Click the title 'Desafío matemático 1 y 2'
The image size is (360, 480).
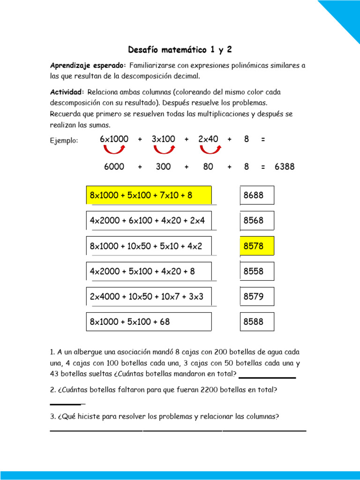pyautogui.click(x=180, y=49)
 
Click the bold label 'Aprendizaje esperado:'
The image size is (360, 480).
pyautogui.click(x=88, y=65)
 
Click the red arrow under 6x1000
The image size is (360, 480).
pyautogui.click(x=114, y=149)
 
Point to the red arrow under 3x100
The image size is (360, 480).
pyautogui.click(x=164, y=149)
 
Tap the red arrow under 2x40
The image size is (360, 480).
pyautogui.click(x=210, y=149)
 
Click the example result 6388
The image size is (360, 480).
pyautogui.click(x=285, y=166)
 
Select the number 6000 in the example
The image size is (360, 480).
pyautogui.click(x=114, y=166)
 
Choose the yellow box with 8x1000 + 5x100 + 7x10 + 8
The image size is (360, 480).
pyautogui.click(x=149, y=195)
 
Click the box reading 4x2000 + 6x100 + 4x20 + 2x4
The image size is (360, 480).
pyautogui.click(x=149, y=220)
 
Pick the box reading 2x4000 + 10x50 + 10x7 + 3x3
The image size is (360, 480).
pyautogui.click(x=149, y=296)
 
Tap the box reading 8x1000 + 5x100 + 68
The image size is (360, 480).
pyautogui.click(x=149, y=322)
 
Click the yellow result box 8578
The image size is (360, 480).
pyautogui.click(x=257, y=246)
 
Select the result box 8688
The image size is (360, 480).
pyautogui.click(x=257, y=195)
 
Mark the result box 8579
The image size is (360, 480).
pyautogui.click(x=257, y=296)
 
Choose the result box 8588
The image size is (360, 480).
pyautogui.click(x=257, y=322)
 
